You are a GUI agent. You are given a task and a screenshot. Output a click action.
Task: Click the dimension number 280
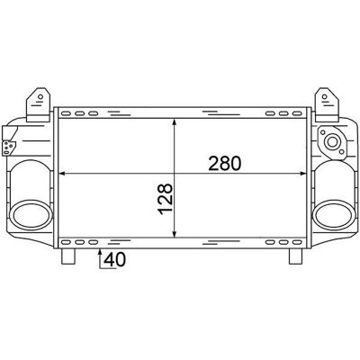(x=225, y=164)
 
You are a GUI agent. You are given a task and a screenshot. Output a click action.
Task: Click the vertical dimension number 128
(x=166, y=199)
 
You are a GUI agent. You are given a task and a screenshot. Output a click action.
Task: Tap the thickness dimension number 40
(x=114, y=259)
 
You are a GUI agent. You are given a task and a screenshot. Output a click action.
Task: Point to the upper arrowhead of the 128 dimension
(x=175, y=122)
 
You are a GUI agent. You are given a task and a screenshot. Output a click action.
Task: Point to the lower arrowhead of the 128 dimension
(x=175, y=233)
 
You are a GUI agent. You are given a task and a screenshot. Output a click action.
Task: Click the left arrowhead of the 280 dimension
(x=62, y=174)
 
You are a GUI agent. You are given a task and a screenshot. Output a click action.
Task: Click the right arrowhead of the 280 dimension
(x=302, y=174)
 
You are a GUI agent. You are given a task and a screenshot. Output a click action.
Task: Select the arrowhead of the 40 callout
(x=100, y=253)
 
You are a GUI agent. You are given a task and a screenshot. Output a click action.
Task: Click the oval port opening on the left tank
(x=31, y=215)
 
